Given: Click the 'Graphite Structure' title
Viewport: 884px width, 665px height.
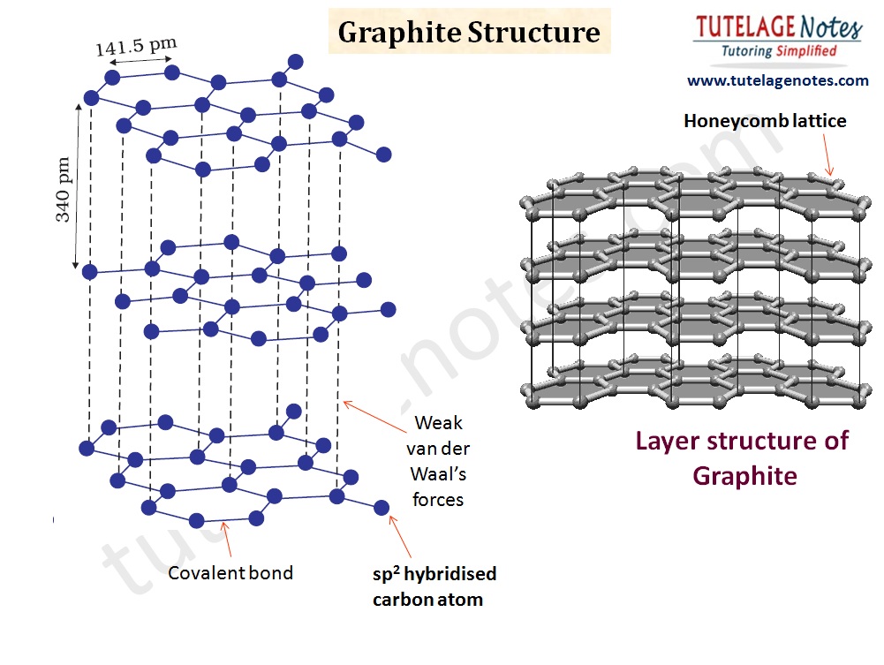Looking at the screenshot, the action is click(x=469, y=32).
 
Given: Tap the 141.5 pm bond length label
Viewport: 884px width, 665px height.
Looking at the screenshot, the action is click(x=136, y=46).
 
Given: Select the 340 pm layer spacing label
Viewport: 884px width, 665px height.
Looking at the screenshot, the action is click(x=63, y=189).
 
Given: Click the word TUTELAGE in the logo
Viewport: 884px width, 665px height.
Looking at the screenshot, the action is click(x=744, y=26).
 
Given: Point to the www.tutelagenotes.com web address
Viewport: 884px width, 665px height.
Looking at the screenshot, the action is click(x=777, y=80).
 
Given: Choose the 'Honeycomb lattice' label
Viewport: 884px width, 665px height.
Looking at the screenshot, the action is click(x=765, y=121).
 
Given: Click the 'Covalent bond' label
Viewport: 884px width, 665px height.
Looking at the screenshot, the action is click(x=230, y=572).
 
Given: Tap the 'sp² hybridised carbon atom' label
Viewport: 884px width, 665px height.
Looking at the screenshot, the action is click(x=434, y=586).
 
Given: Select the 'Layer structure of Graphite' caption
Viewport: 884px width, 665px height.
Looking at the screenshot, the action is click(x=743, y=458).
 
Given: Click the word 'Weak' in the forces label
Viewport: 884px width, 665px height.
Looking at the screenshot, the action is click(x=438, y=423).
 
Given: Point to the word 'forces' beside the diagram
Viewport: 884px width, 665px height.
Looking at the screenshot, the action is click(x=437, y=499).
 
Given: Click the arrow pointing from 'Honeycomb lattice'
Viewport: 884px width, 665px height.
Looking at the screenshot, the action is click(x=827, y=154).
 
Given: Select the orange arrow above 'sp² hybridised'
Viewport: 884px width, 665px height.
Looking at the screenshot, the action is click(x=400, y=537).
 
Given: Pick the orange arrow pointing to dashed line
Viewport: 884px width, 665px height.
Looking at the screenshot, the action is click(x=374, y=417).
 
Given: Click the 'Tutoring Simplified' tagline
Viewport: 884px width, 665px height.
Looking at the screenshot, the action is click(x=779, y=50).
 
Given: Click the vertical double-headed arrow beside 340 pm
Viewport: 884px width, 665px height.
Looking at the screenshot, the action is click(x=77, y=186).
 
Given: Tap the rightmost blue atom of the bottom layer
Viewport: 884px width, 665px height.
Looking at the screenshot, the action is click(x=382, y=508).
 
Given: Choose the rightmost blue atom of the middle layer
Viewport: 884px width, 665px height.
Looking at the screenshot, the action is click(x=389, y=309).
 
